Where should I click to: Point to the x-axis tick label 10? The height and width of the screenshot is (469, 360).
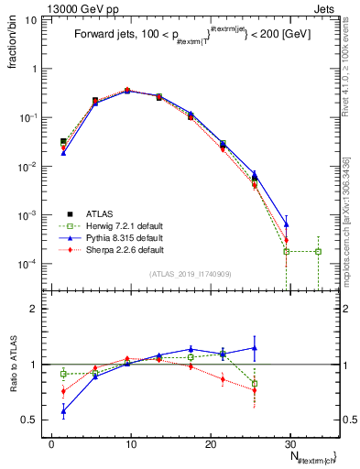[x=131, y=443]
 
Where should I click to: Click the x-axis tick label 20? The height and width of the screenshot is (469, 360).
[x=211, y=443]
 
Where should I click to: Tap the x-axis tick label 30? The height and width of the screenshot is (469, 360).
[x=290, y=443]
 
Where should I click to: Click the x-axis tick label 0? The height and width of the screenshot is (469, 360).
[x=51, y=443]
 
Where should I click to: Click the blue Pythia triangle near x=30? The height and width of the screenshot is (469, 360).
[x=286, y=224]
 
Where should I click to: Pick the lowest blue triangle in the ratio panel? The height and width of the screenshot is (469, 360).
[x=63, y=411]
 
